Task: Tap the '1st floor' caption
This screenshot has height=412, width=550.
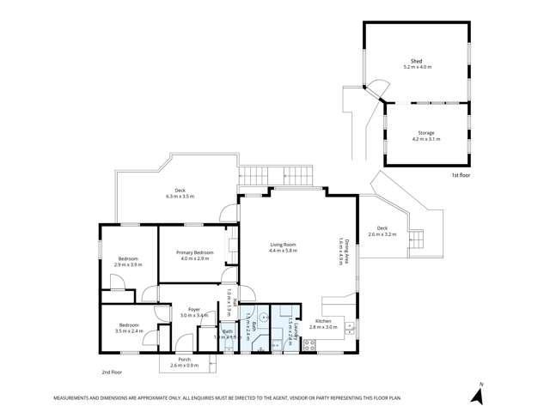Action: pos(461,175)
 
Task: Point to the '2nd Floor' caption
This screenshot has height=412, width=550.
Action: pos(113,373)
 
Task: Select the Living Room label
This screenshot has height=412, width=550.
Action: pos(283,247)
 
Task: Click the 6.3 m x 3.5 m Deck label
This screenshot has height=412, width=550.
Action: pos(180,193)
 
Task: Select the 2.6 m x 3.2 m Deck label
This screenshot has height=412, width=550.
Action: pos(381,232)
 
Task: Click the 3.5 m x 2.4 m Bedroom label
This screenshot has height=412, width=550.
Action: pos(129,328)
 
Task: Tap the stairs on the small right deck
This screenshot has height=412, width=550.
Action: pos(418,238)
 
